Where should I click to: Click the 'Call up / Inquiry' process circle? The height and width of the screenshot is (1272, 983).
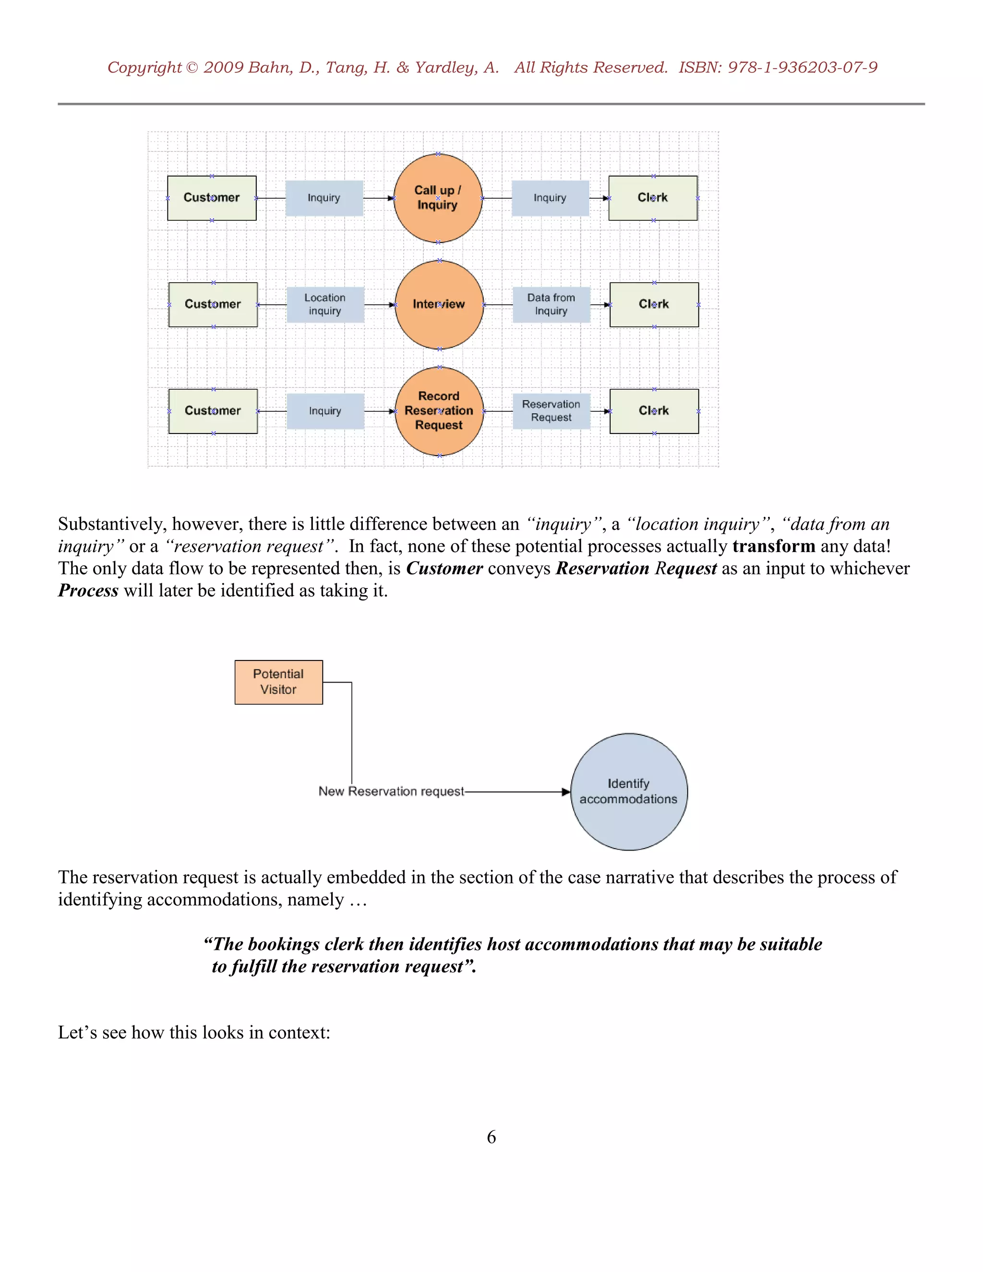coord(438,198)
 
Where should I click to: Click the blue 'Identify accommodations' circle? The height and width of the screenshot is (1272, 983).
coord(628,792)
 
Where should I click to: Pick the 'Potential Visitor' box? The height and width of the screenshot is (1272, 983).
coord(278,682)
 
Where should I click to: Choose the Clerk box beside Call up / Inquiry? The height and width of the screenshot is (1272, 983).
coord(653,198)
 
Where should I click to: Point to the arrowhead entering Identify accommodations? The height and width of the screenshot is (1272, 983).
coord(565,792)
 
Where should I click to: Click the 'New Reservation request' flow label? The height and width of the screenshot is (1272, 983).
coord(391,792)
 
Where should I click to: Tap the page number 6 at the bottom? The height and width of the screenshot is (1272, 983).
coord(491,1137)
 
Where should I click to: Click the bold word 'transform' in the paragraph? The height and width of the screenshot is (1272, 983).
coord(773,546)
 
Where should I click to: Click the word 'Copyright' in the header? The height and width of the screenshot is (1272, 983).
coord(144,68)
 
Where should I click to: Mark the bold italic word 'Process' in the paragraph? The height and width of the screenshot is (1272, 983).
coord(88,590)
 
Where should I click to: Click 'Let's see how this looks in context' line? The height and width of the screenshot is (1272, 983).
coord(194,1032)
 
